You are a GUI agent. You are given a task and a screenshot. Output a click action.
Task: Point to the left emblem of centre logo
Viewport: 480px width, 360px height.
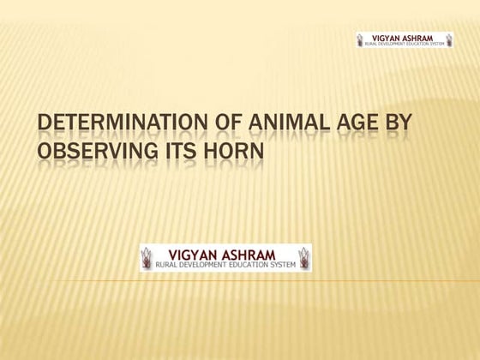tap(148, 258)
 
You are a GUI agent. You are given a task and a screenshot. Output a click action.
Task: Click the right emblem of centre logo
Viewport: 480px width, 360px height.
tap(303, 258)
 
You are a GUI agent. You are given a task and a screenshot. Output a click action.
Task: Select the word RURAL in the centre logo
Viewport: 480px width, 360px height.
tap(166, 266)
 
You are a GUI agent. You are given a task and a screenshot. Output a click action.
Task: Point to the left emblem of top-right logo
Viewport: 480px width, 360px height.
tap(360, 39)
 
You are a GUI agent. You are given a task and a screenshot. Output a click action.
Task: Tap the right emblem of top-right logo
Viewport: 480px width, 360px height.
tap(447, 39)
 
